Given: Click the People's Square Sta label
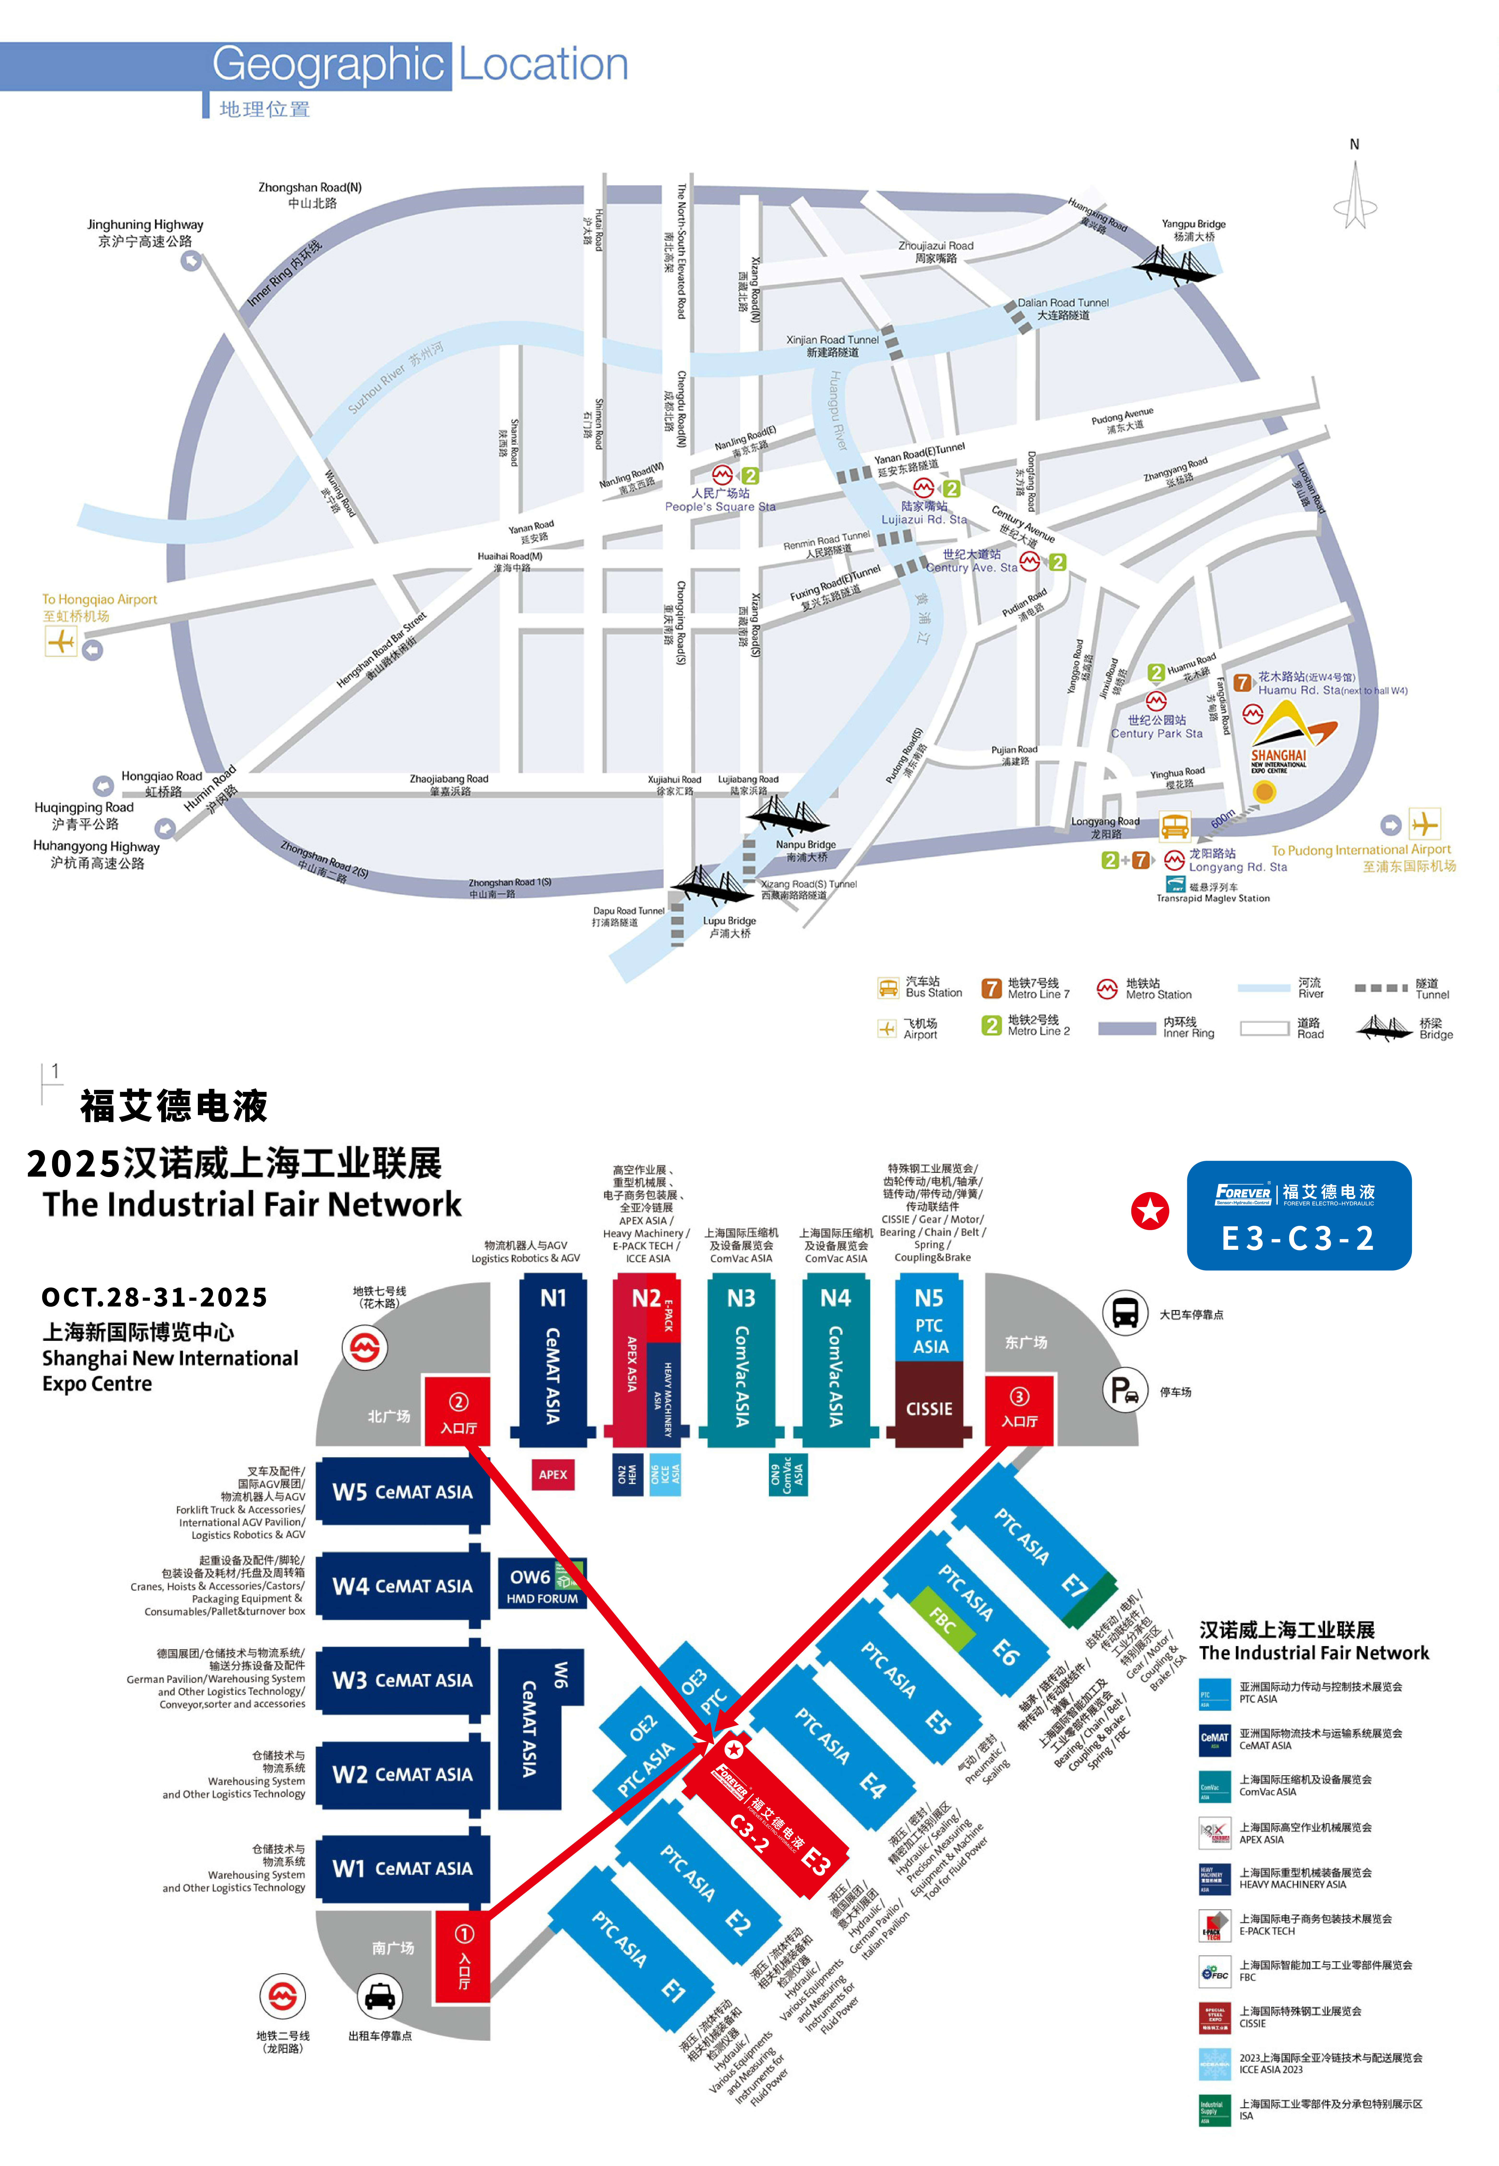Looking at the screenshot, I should click(720, 500).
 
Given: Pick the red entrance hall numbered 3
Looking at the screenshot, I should click(1019, 1408).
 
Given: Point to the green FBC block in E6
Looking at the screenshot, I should click(942, 1618).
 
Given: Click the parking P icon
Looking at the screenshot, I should click(1125, 1391).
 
